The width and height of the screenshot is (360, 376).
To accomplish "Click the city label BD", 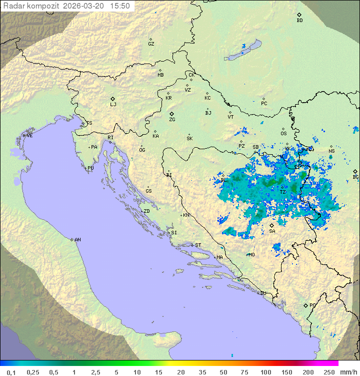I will [299, 21].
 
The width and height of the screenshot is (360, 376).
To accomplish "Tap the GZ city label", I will [151, 44].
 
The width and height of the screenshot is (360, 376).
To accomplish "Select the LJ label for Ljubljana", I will [113, 105].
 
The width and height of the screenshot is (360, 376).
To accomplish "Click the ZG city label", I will [172, 120].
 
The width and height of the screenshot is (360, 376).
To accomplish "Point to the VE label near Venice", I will [29, 136].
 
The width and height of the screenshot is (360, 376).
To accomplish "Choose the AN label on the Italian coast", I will [77, 240].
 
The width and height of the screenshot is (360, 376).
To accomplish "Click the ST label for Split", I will [198, 245].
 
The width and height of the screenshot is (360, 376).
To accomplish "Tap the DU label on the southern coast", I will [263, 293].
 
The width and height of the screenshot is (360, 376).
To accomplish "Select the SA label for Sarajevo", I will [272, 231].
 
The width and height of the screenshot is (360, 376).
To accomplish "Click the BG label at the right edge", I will [355, 177].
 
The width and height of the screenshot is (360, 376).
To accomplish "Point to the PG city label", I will [312, 305].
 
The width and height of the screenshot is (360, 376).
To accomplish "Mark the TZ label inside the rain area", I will [283, 192].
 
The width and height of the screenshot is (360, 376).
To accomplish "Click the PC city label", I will [264, 104].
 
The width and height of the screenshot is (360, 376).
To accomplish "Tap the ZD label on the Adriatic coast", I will [146, 211].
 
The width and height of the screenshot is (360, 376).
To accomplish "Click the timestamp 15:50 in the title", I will [120, 6].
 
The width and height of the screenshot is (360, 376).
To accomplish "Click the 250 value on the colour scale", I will [329, 372].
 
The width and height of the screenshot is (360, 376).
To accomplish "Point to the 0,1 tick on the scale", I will [11, 372].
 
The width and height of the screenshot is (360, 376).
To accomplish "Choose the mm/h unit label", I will [348, 372].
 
